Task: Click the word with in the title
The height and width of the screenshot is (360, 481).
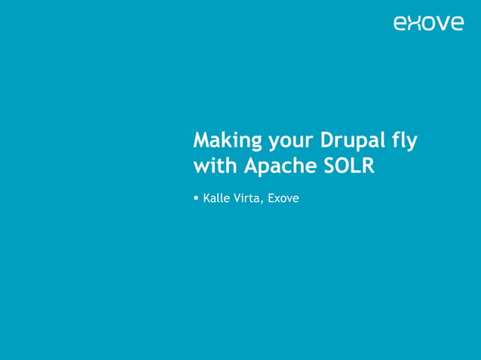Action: (216, 166)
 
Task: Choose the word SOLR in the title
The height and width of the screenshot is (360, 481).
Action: (351, 166)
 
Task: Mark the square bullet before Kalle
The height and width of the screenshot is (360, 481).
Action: (196, 199)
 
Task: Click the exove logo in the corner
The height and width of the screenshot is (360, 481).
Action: (428, 23)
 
